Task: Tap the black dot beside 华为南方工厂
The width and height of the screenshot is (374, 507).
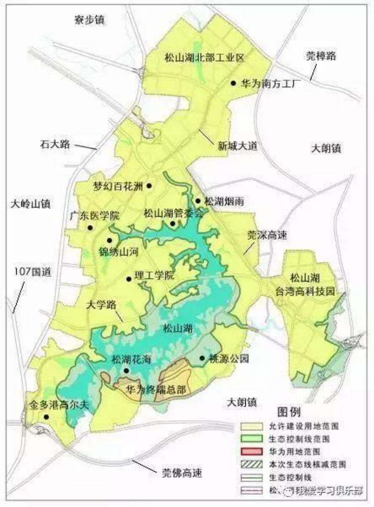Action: (x=233, y=83)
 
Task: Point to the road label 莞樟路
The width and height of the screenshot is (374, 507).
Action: (x=321, y=56)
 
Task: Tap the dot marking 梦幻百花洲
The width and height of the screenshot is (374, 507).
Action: (x=149, y=186)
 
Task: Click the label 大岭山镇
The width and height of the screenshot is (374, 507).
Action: (x=31, y=204)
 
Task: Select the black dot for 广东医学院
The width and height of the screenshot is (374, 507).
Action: (x=90, y=228)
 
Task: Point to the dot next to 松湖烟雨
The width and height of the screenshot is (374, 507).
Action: (x=198, y=201)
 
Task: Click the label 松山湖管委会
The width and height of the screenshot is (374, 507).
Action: (x=174, y=213)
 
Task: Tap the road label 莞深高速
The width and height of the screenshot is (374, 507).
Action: (x=267, y=235)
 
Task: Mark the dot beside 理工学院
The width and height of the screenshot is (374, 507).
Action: (x=129, y=279)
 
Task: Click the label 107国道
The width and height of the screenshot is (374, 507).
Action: (x=30, y=272)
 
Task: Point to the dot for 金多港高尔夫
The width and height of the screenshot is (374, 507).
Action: (x=46, y=417)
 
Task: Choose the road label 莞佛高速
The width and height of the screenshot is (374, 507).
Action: (x=182, y=473)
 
